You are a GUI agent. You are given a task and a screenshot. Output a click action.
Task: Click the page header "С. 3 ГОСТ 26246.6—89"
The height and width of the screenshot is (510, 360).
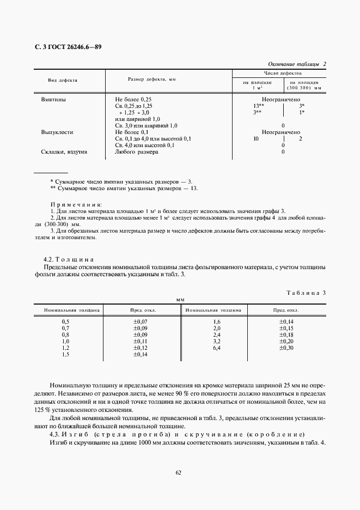[65, 47]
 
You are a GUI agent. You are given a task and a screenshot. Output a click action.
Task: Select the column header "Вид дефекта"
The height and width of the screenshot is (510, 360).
[63, 80]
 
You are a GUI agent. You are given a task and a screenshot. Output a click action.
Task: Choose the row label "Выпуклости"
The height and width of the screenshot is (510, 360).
[57, 132]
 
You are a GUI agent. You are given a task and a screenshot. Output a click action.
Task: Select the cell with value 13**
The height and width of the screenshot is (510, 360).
[258, 106]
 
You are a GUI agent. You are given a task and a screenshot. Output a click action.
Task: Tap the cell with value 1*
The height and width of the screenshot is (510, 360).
[302, 112]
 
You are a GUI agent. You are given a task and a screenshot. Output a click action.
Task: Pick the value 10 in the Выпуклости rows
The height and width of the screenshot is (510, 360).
[256, 139]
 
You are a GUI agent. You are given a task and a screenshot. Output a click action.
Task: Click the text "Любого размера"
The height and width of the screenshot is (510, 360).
[136, 152]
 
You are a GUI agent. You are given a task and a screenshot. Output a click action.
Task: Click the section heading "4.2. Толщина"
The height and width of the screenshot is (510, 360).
[69, 260]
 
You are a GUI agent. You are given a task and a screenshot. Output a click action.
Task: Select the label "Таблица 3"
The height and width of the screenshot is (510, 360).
[306, 293]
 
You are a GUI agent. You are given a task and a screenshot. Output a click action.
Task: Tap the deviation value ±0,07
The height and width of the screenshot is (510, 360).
[141, 322]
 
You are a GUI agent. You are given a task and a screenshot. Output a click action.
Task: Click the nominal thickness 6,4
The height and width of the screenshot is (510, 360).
[217, 348]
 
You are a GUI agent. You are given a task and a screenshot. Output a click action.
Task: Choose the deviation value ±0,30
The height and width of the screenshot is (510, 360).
[286, 348]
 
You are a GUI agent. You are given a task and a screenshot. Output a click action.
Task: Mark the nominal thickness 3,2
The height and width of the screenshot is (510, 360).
[217, 341]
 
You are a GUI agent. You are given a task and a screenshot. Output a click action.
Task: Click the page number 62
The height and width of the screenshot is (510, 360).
[179, 473]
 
